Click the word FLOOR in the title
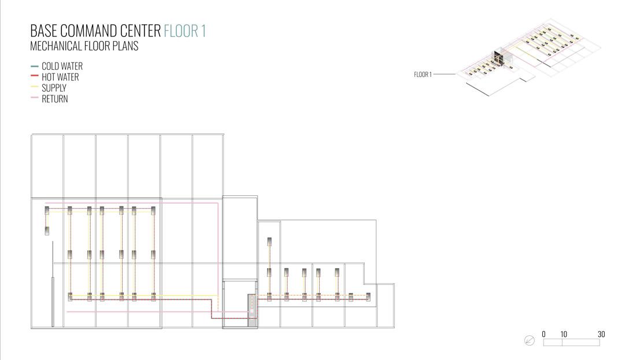[x=181, y=31]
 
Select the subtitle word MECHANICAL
[x=52, y=46]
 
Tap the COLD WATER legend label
[x=62, y=66]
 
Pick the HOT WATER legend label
[x=60, y=77]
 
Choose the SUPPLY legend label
[x=54, y=88]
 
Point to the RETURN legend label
[x=55, y=99]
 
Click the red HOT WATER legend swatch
[x=34, y=77]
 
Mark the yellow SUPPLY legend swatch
[x=34, y=88]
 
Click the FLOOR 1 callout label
[x=423, y=75]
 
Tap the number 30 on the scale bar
[x=601, y=335]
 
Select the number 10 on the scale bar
[x=564, y=335]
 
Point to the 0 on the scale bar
[x=543, y=335]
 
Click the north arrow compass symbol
[x=530, y=341]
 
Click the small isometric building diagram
[x=529, y=58]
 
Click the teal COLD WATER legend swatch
[x=34, y=66]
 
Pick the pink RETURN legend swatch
[x=34, y=99]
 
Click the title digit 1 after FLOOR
[x=203, y=31]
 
